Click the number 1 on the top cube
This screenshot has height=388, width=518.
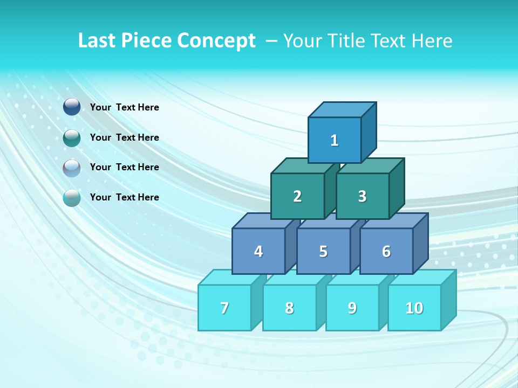335,140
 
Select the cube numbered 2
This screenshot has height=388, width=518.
297,196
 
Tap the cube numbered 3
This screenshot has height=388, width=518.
362,196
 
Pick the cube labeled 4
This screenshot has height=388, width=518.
258,251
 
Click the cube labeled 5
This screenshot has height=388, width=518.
323,251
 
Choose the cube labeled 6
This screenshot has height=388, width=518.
386,251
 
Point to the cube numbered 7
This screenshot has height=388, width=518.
224,308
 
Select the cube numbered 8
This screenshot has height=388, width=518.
289,308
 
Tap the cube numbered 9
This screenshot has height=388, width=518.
352,308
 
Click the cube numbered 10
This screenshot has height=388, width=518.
414,308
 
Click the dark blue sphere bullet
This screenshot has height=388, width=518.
72,107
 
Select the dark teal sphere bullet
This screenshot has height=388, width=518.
72,137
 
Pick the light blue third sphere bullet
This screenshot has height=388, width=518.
72,168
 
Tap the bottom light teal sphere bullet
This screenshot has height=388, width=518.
72,198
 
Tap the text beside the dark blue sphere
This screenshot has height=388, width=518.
125,107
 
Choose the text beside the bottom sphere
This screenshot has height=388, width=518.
125,197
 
